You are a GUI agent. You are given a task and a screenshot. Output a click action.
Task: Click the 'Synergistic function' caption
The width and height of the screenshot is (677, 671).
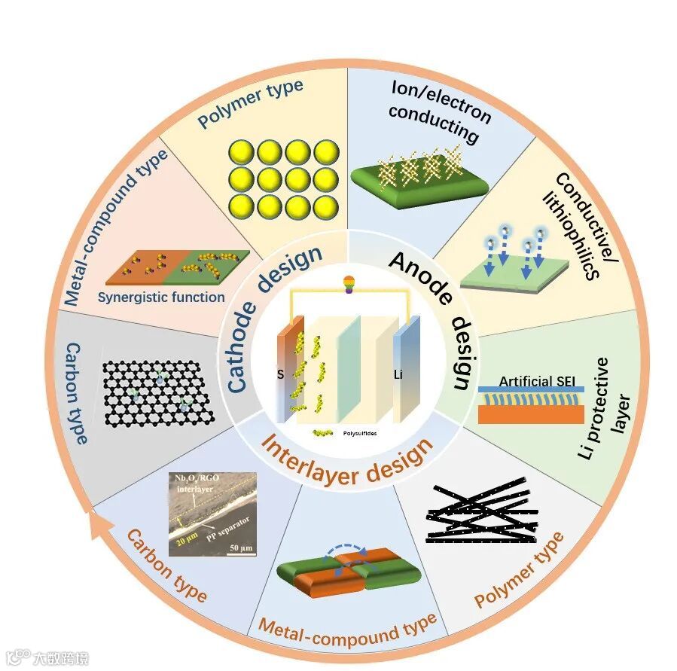coord(161,297)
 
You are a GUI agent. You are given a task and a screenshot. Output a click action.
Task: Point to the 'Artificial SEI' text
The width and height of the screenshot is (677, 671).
coord(532,382)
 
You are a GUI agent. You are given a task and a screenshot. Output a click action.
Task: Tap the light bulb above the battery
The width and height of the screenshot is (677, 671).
coord(348,284)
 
